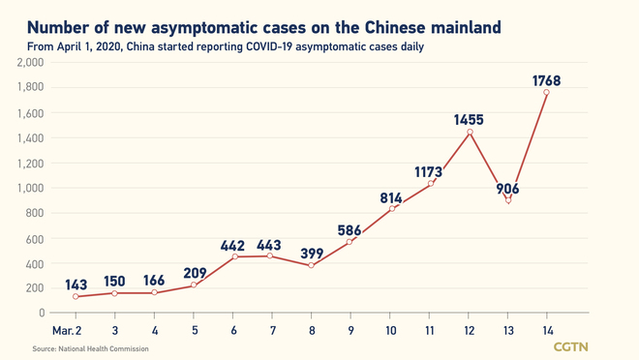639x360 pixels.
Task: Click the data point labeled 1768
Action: pyautogui.click(x=547, y=92)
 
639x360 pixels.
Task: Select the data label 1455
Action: pyautogui.click(x=469, y=121)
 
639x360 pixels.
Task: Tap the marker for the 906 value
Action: pyautogui.click(x=508, y=200)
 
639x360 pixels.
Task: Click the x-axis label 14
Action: pyautogui.click(x=547, y=330)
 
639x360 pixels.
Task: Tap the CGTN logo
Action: pyautogui.click(x=573, y=346)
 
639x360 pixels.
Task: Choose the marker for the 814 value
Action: pyautogui.click(x=391, y=208)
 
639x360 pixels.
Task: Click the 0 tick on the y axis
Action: pyautogui.click(x=42, y=313)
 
